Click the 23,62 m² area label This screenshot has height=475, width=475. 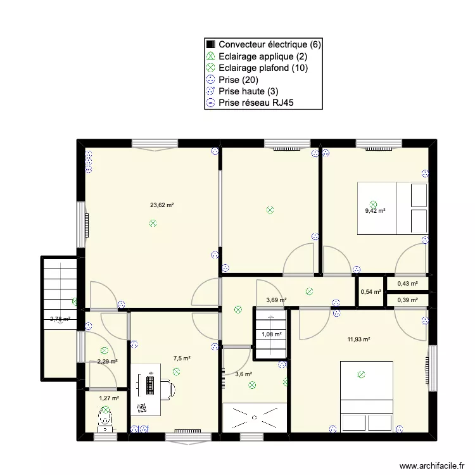click(161, 205)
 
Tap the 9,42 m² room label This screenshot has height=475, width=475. click(375, 212)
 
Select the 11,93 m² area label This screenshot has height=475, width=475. click(358, 339)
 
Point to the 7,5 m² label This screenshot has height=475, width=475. click(182, 358)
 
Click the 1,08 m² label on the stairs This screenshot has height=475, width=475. click(272, 334)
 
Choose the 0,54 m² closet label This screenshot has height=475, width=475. click(370, 292)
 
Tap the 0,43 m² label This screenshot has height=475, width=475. click(407, 284)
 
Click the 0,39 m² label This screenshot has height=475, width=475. click(407, 300)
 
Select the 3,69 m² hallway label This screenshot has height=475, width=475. click(276, 300)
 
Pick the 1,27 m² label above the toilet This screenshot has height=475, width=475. click(108, 398)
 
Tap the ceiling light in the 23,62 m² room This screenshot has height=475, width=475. click(153, 223)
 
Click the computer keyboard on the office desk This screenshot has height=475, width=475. click(150, 387)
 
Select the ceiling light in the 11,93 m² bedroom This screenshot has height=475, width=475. click(361, 374)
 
